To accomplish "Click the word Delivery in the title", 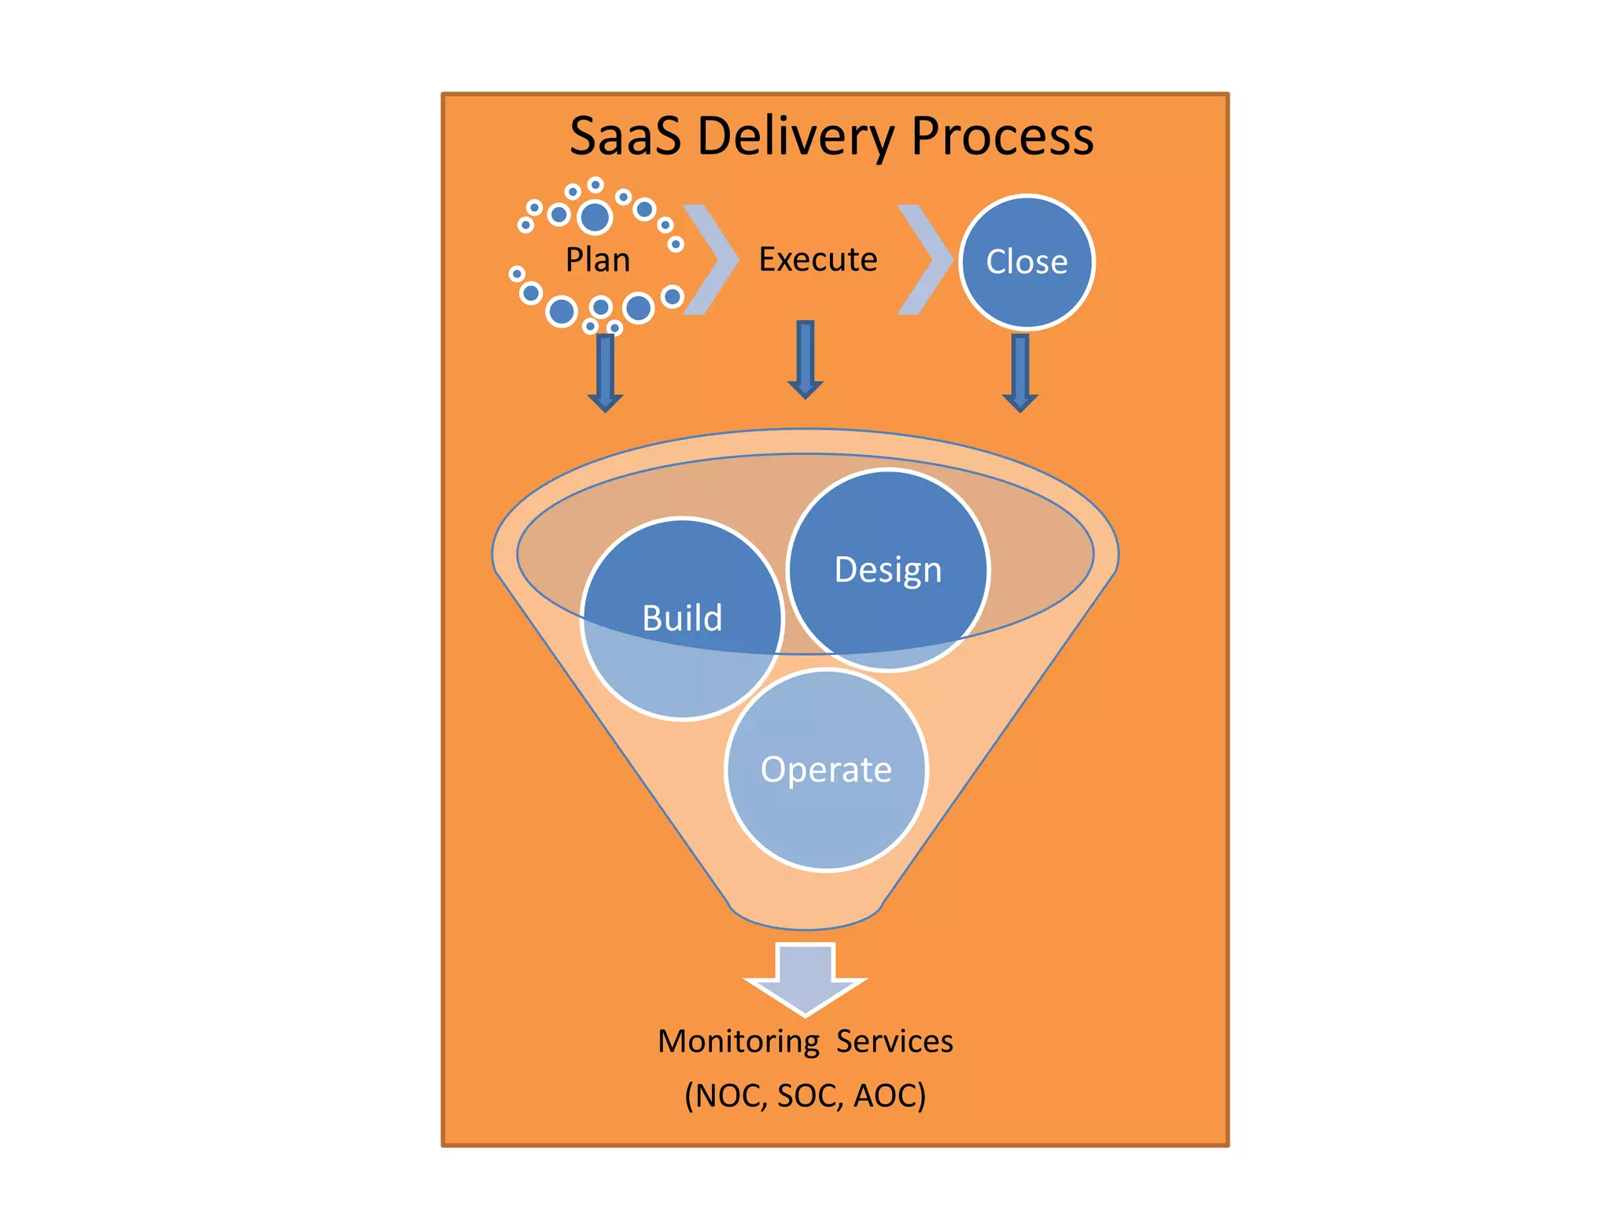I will pyautogui.click(x=795, y=137).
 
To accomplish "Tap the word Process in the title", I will pyautogui.click(x=1001, y=137).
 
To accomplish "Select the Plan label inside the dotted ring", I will pyautogui.click(x=598, y=260).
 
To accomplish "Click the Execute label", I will pyautogui.click(x=817, y=260).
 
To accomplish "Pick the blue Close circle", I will pyautogui.click(x=1027, y=262).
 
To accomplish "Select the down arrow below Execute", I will pyautogui.click(x=805, y=359).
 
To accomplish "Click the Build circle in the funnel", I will pyautogui.click(x=682, y=619).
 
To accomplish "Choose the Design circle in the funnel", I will pyautogui.click(x=888, y=570).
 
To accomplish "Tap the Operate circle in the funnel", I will pyautogui.click(x=826, y=770).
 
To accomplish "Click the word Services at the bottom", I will pyautogui.click(x=894, y=1041).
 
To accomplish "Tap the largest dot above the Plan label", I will pyautogui.click(x=595, y=216).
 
